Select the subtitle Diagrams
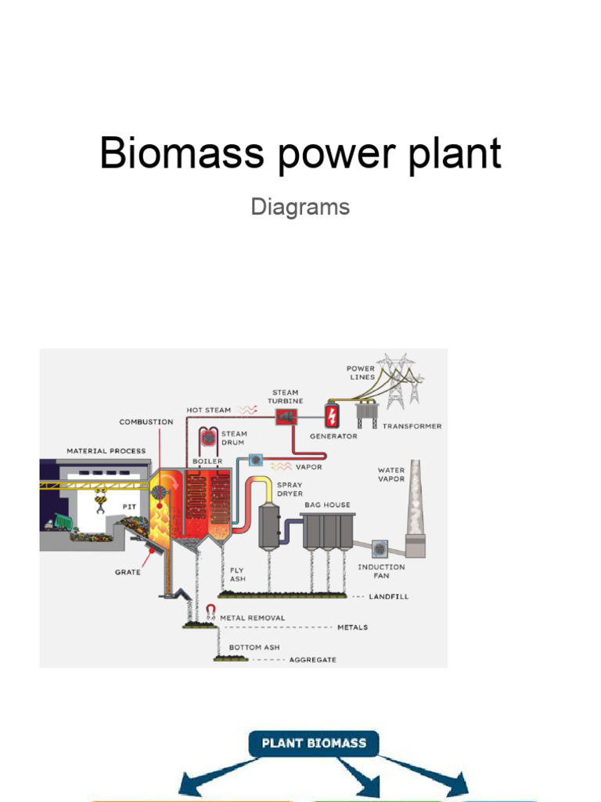300,208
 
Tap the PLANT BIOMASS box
314,742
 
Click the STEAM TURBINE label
285,397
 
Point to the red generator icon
333,415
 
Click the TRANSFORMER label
412,427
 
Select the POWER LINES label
361,373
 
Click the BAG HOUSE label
329,505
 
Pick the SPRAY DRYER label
290,490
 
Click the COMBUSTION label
146,422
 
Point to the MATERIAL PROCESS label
106,451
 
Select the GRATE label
128,573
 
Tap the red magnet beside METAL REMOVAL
210,612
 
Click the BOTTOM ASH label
254,648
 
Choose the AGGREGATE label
313,660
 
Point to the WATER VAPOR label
391,475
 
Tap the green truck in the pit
59,521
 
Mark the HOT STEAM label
209,410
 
